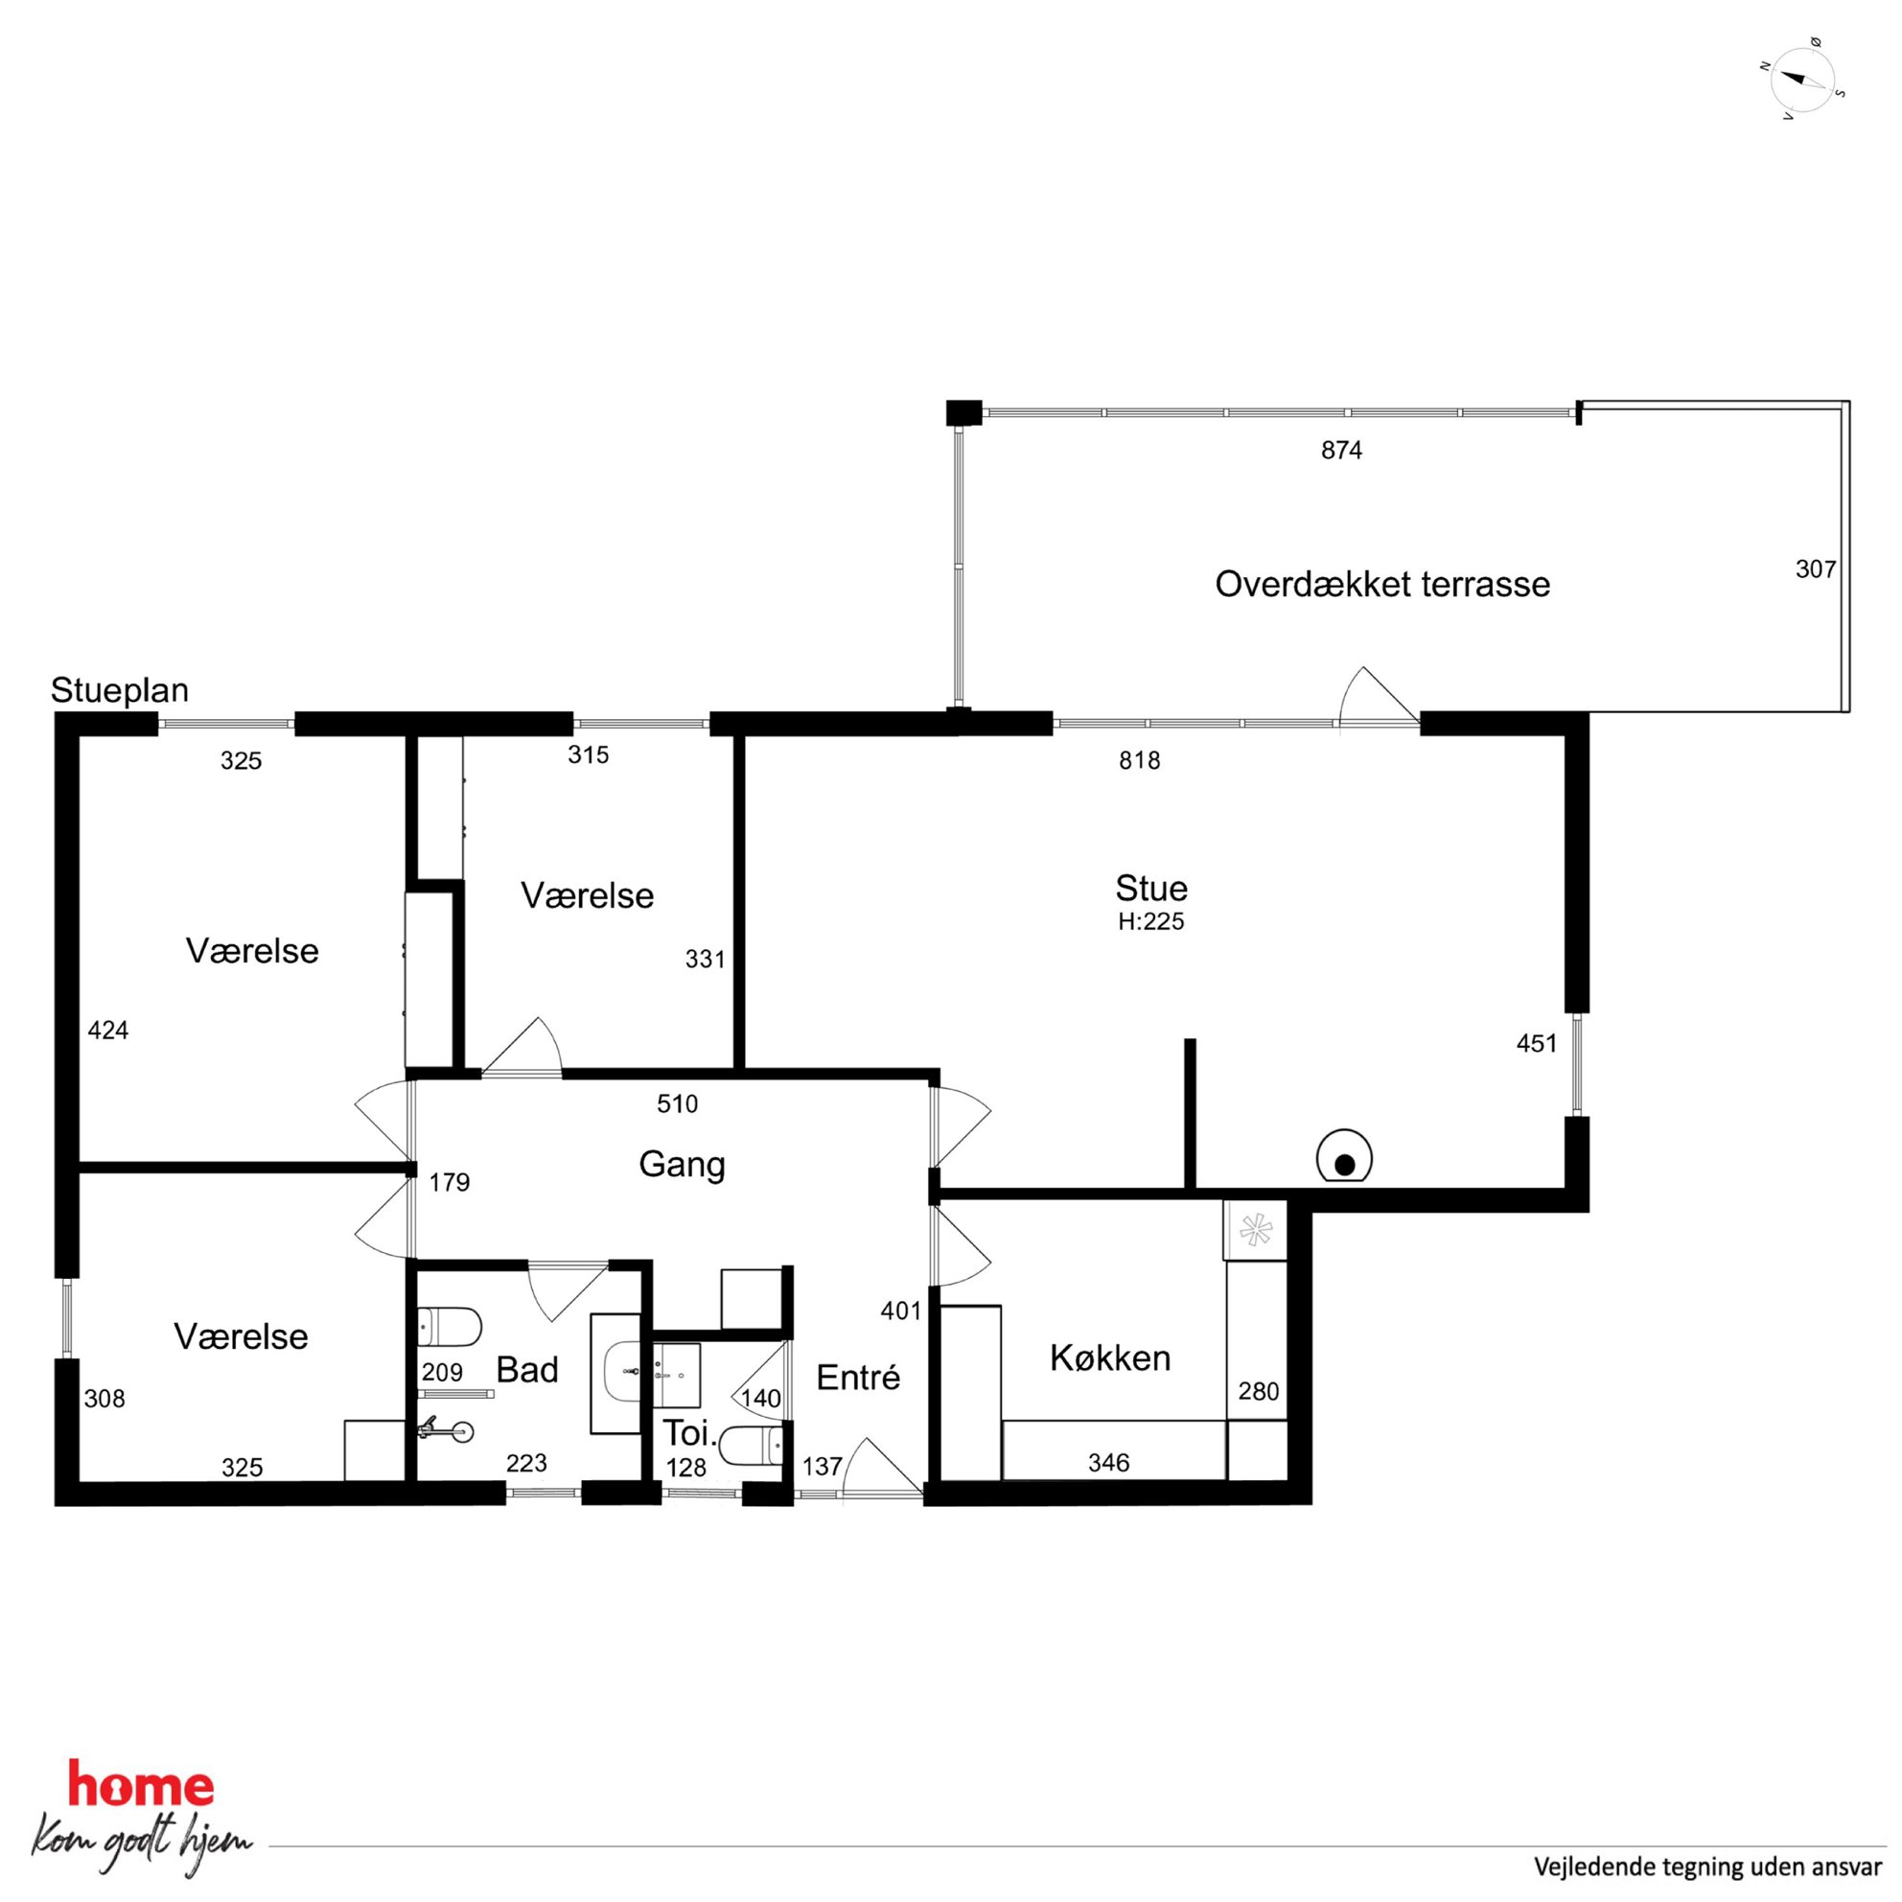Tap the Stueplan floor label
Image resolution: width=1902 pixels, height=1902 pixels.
pyautogui.click(x=120, y=691)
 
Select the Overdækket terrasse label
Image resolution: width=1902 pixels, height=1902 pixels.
pyautogui.click(x=1382, y=585)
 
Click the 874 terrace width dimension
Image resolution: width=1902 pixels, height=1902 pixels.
pyautogui.click(x=1342, y=451)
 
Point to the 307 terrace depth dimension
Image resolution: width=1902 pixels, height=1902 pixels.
pyautogui.click(x=1817, y=569)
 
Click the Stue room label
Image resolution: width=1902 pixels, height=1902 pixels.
pyautogui.click(x=1150, y=888)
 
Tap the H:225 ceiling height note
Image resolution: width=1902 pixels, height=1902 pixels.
pyautogui.click(x=1150, y=922)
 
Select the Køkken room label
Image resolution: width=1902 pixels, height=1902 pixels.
pyautogui.click(x=1110, y=1358)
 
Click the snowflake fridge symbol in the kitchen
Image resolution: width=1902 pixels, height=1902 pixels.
pyautogui.click(x=1255, y=1231)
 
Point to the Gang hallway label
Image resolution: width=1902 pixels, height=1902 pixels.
pyautogui.click(x=683, y=1166)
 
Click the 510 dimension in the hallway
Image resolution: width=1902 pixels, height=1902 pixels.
pyautogui.click(x=678, y=1104)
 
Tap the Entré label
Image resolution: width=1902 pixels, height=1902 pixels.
pyautogui.click(x=858, y=1379)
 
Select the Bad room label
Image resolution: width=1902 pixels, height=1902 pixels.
pyautogui.click(x=527, y=1370)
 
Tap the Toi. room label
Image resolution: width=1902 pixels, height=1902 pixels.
pyautogui.click(x=690, y=1432)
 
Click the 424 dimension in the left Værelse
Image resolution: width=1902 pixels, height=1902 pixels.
pyautogui.click(x=108, y=1031)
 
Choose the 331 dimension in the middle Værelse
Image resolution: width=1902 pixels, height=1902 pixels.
pyautogui.click(x=705, y=959)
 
